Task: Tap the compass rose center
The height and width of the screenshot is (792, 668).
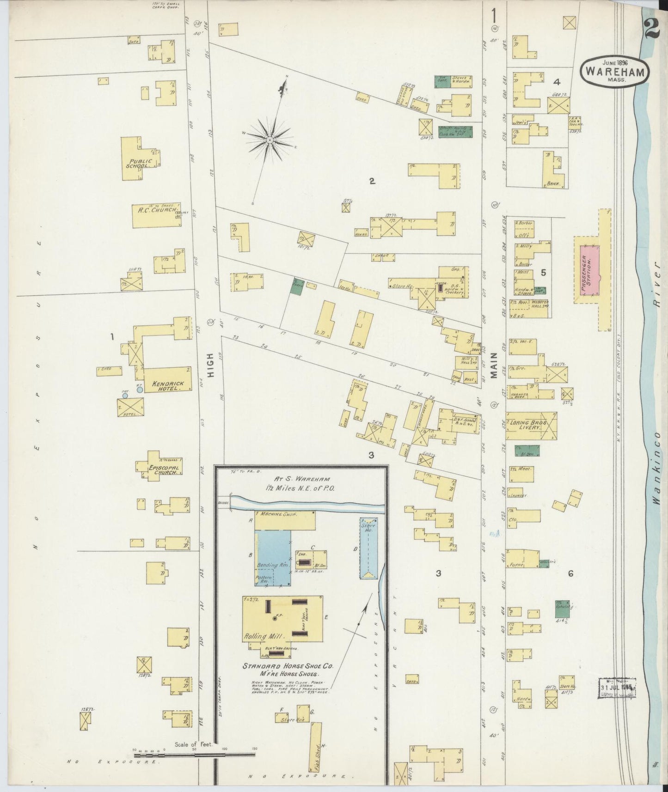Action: click(x=269, y=139)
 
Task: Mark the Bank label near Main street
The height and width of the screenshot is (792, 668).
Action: click(x=553, y=183)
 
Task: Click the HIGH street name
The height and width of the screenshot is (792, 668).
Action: click(x=211, y=366)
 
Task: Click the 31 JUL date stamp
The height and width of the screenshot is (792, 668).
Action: click(x=617, y=687)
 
